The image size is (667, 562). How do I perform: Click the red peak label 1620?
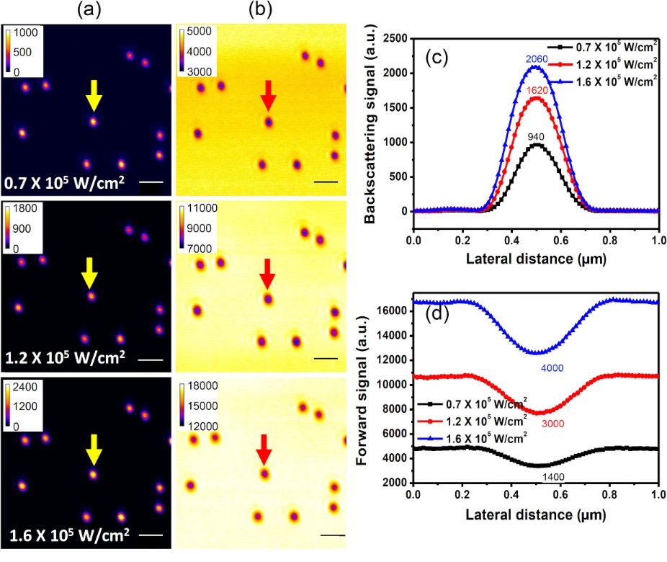(536, 91)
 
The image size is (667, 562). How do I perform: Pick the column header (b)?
(262, 11)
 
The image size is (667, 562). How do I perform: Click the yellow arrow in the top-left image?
(93, 96)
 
